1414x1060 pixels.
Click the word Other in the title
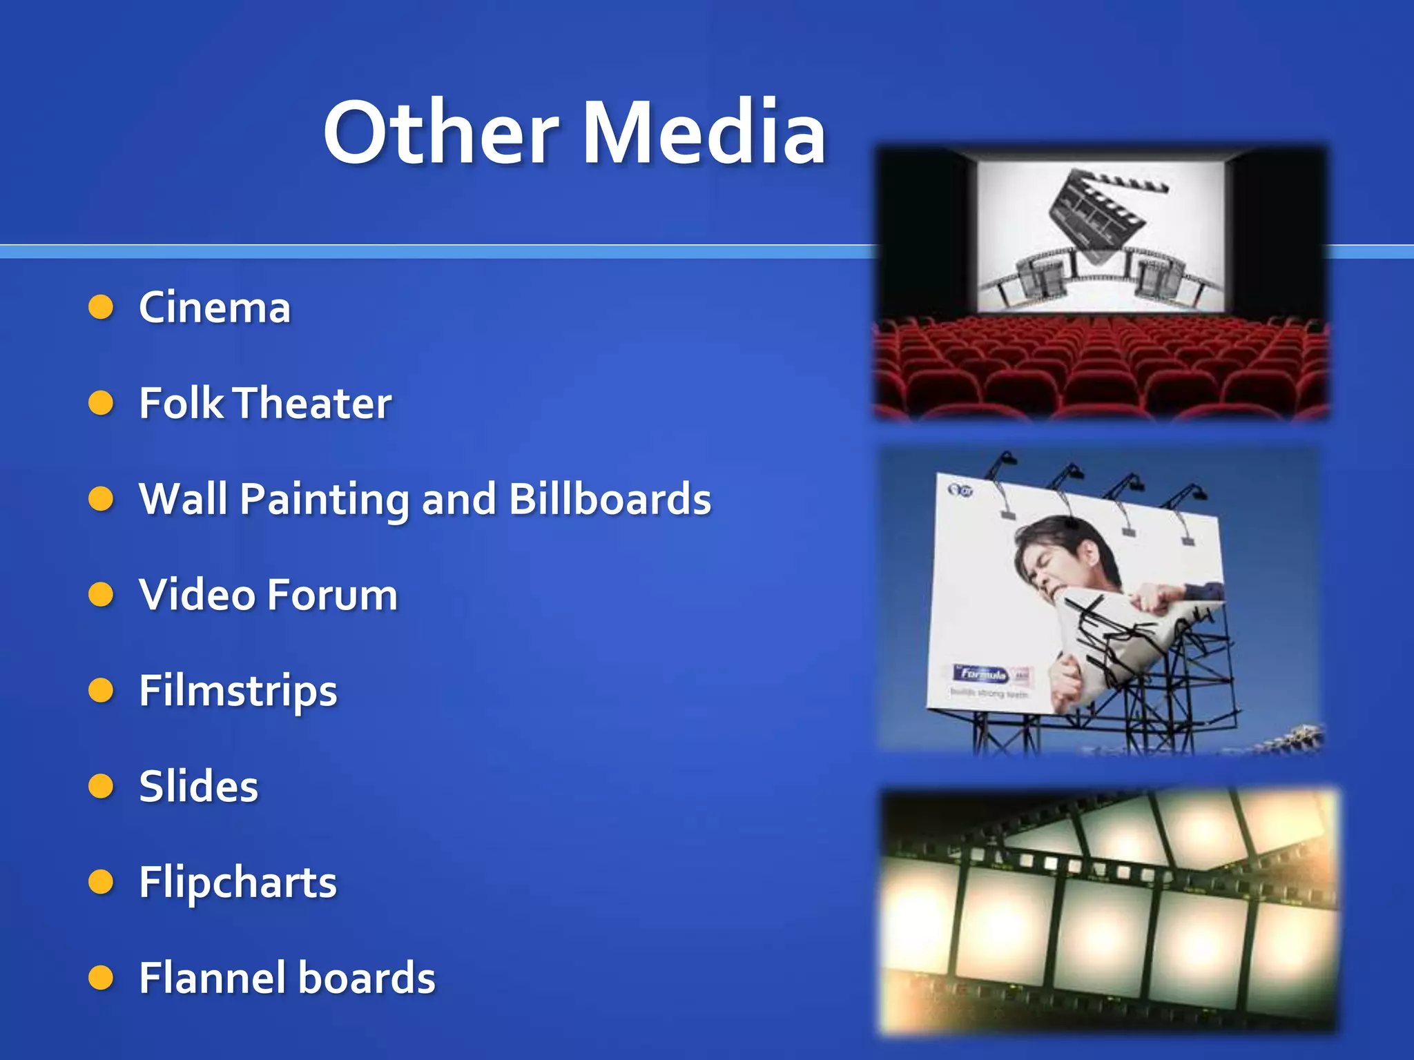[440, 133]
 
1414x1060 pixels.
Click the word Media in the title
[704, 133]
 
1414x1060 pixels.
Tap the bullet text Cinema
[215, 308]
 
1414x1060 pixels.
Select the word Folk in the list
[182, 403]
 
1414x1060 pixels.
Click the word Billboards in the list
[610, 499]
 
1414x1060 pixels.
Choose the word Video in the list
[197, 595]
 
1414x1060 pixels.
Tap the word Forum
[333, 595]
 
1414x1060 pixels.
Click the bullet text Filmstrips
[238, 691]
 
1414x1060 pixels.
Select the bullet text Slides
[199, 787]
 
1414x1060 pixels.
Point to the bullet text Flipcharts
[238, 883]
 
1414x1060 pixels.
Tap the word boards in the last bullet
[367, 979]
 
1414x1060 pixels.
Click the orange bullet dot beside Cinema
[101, 307]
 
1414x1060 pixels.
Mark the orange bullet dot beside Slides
[101, 786]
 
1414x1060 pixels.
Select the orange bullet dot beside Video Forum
[101, 594]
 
